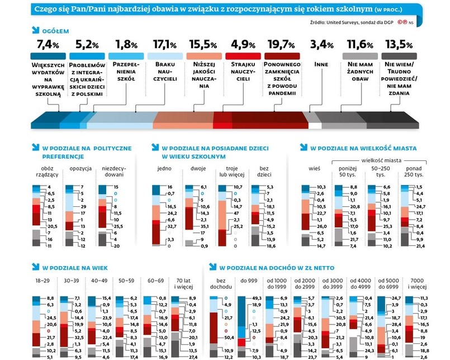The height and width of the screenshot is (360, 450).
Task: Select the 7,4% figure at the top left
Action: (48, 44)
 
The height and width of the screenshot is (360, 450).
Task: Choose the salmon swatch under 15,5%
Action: (203, 56)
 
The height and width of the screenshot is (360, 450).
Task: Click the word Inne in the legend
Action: (321, 64)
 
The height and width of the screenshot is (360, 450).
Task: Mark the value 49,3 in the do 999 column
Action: (257, 299)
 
